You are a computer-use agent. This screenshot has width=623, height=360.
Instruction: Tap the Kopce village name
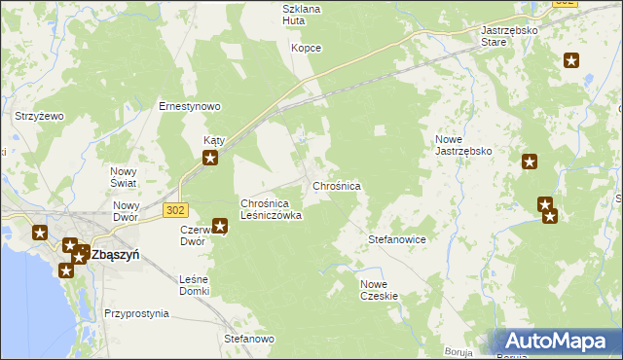(307, 48)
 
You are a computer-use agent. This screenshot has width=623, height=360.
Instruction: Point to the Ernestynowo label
(192, 106)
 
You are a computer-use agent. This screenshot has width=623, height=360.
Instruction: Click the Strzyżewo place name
(39, 116)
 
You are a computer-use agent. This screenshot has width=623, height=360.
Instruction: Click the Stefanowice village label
(397, 238)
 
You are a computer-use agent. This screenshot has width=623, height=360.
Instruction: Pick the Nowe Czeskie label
(380, 289)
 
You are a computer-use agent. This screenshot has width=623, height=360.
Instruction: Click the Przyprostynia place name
(136, 314)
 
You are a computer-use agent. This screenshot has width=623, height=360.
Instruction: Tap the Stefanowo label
(249, 340)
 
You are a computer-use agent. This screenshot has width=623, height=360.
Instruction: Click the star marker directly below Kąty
(209, 156)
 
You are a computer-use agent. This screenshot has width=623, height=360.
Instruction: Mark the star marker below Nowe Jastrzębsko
(530, 162)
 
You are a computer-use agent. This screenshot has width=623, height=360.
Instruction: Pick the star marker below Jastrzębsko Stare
(571, 61)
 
